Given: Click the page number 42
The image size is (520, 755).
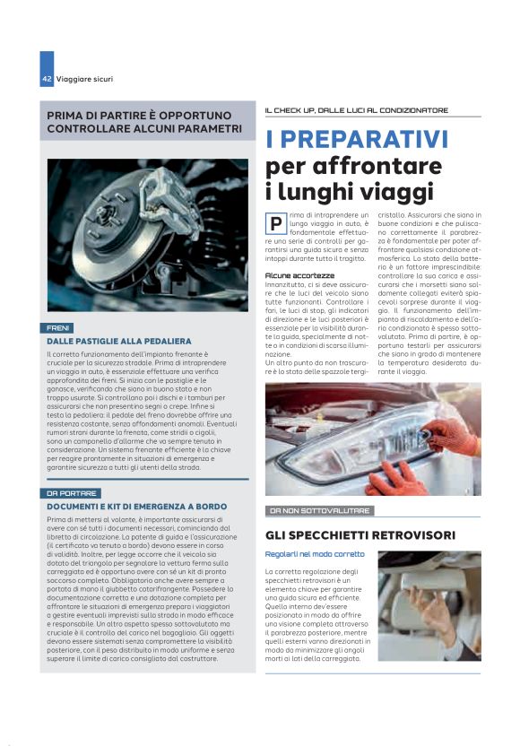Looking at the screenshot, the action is pos(47,79).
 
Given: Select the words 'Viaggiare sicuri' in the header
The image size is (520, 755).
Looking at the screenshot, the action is pos(84,79).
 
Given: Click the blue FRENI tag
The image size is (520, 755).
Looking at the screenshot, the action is pos(59,328).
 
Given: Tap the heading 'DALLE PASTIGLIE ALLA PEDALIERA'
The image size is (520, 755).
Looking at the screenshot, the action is pos(119,342).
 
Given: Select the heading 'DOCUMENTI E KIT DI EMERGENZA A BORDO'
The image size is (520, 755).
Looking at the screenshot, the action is pos(137,507).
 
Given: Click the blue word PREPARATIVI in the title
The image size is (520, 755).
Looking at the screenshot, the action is pos(357,140).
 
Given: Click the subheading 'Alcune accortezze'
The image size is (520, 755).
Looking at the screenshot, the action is pos(300,274).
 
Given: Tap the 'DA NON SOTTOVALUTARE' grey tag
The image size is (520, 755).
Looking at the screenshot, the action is pos(319,510).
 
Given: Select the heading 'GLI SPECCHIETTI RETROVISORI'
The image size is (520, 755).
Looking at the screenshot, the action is pos(360,535).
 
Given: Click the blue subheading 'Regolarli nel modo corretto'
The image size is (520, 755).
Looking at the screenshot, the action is pos(315,554).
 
